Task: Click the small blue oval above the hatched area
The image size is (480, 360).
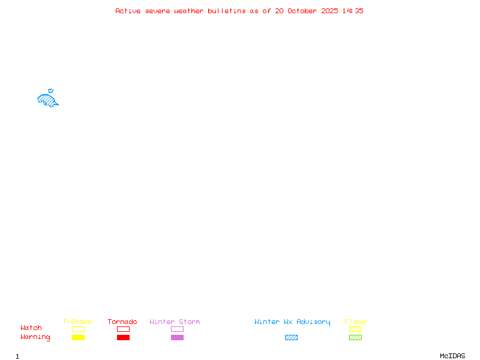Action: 51,91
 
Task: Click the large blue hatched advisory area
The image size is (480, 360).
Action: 47,100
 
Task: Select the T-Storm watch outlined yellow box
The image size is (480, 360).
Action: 79,329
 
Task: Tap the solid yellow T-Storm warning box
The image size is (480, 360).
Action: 79,337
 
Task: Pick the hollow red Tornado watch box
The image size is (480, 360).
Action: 124,329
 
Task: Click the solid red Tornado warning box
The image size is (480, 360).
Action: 124,337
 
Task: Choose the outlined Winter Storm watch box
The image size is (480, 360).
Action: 177,329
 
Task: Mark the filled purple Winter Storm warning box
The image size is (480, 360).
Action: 177,337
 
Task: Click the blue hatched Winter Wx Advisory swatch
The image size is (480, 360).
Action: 291,337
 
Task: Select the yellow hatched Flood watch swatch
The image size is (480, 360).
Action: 355,329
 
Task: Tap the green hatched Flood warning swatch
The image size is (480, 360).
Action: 355,337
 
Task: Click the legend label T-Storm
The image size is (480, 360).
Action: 77,322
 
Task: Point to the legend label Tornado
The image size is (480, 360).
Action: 122,322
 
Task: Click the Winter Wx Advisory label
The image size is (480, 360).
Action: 292,322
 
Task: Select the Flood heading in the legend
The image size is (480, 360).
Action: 355,322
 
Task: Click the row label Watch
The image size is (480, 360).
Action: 31,328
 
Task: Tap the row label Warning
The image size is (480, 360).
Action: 35,337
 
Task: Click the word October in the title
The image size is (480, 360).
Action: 302,11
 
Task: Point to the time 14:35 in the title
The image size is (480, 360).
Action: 353,11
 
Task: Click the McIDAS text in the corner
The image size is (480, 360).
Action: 452,356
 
